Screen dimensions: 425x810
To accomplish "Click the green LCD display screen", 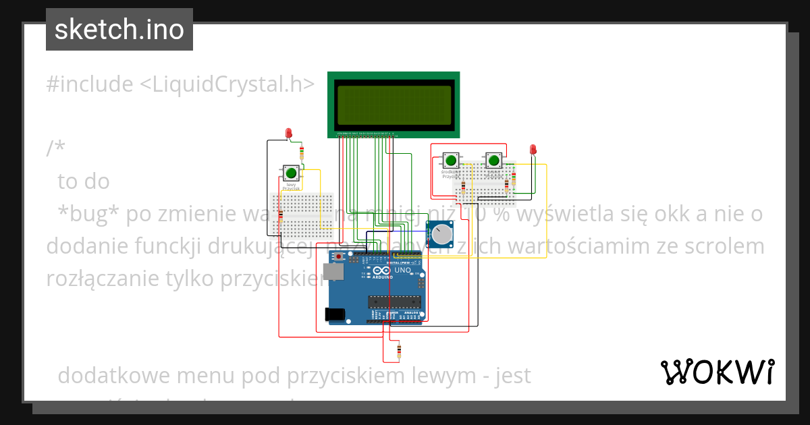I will coord(394,105).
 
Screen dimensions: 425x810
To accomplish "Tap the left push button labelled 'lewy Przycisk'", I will coord(291,173).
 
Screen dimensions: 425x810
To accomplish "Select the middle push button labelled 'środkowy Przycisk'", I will coord(450,161).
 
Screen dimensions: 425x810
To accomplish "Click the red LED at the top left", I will coord(289,132).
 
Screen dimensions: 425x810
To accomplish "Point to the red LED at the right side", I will coord(533,149).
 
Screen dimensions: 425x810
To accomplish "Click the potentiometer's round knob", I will coord(442,235).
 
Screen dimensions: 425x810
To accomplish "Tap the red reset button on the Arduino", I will coord(337,257).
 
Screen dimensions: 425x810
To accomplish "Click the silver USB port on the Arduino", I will coord(331,272).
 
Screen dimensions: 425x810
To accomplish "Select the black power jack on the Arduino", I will coord(334,314).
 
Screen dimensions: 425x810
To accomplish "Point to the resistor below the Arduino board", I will coord(399,351).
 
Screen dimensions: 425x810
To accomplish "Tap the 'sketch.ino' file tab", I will coord(119,30).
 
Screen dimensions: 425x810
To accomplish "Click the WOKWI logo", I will coord(717,372).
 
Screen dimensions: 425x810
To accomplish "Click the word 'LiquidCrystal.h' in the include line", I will coord(227,84).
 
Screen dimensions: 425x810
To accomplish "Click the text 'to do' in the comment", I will coord(84,181).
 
